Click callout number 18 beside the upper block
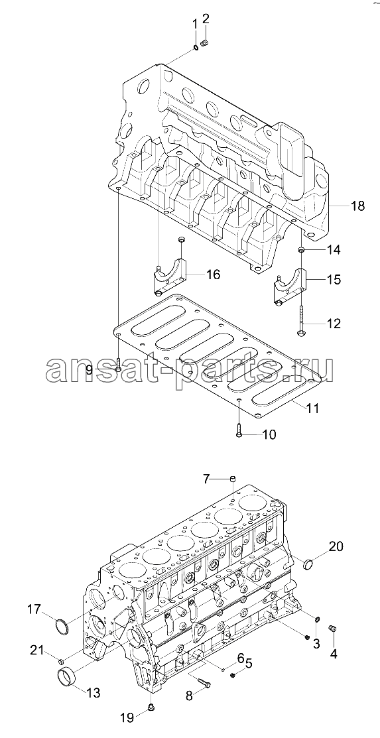(357, 206)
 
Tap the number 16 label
(213, 275)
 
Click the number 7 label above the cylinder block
(206, 479)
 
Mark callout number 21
(37, 651)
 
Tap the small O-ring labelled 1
(196, 48)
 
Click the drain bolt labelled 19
(151, 706)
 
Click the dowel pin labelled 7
(233, 479)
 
